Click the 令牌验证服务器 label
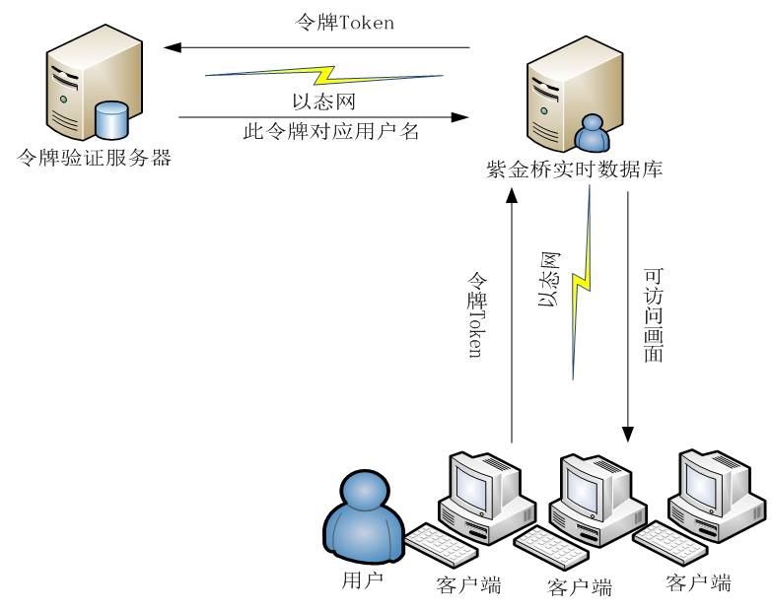(96, 157)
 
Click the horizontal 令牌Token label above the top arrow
(344, 23)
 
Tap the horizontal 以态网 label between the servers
(324, 99)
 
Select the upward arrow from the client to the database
(511, 315)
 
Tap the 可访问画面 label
(653, 313)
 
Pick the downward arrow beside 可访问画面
(628, 315)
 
